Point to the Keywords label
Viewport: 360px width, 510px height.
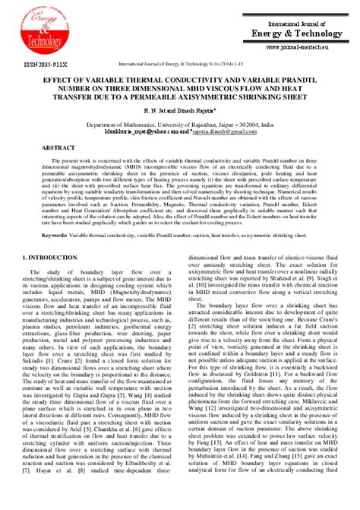click(x=55, y=215)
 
